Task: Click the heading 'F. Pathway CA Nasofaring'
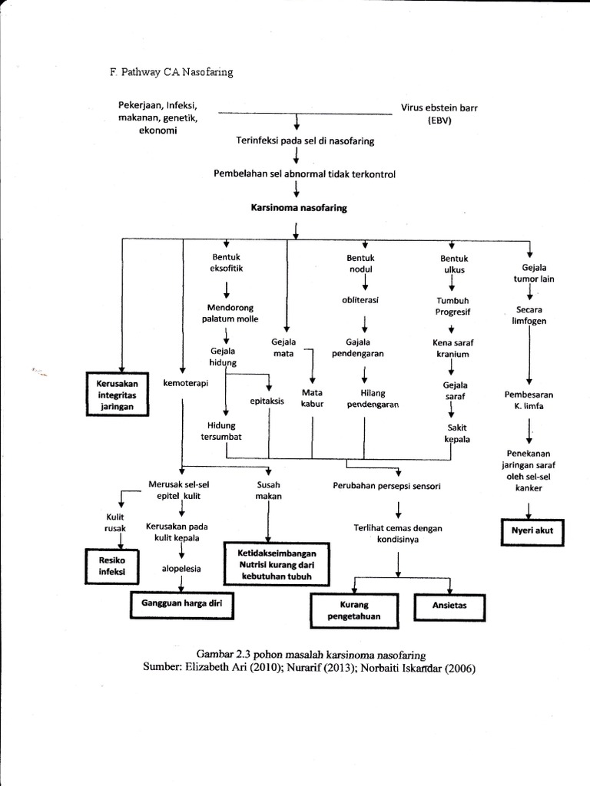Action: pyautogui.click(x=171, y=72)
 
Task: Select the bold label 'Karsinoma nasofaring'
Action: pyautogui.click(x=299, y=207)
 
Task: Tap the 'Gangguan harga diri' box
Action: pyautogui.click(x=181, y=603)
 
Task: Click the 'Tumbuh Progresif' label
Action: pyautogui.click(x=453, y=306)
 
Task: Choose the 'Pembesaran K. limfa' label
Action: pyautogui.click(x=529, y=400)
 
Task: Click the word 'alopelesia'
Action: pyautogui.click(x=182, y=570)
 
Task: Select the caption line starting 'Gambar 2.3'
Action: pyautogui.click(x=310, y=656)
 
